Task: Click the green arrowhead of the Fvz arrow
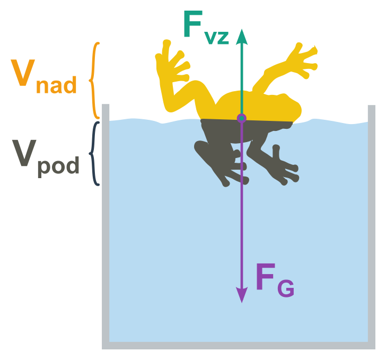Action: tap(242, 37)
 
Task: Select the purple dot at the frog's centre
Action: tap(242, 118)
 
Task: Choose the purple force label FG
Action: tap(274, 279)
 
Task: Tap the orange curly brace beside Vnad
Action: tap(94, 80)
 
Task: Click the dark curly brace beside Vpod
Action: tap(95, 154)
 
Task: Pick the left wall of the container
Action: tap(106, 223)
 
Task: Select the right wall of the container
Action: tap(372, 223)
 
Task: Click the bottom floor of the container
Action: tap(239, 346)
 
